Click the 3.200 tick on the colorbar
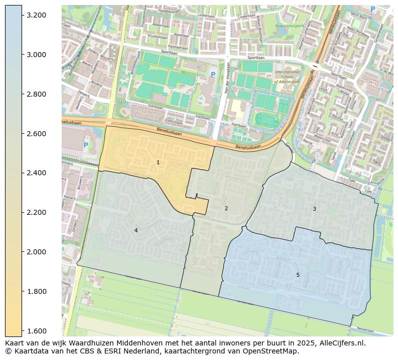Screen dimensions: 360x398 coord(37,16)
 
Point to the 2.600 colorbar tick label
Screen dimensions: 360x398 coord(37,134)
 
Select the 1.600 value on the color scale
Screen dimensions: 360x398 coord(37,331)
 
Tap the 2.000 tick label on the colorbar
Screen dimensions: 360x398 coord(37,252)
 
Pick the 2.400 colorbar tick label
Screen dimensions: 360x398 coord(37,173)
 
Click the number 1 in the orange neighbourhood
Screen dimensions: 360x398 coord(158,162)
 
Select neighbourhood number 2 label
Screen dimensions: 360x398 coord(226,208)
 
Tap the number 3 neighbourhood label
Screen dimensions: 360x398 coord(314,209)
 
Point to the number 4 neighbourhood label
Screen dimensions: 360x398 coord(136,230)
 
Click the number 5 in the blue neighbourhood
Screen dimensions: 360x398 coord(298,275)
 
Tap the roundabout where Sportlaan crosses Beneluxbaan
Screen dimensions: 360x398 coord(316,66)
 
